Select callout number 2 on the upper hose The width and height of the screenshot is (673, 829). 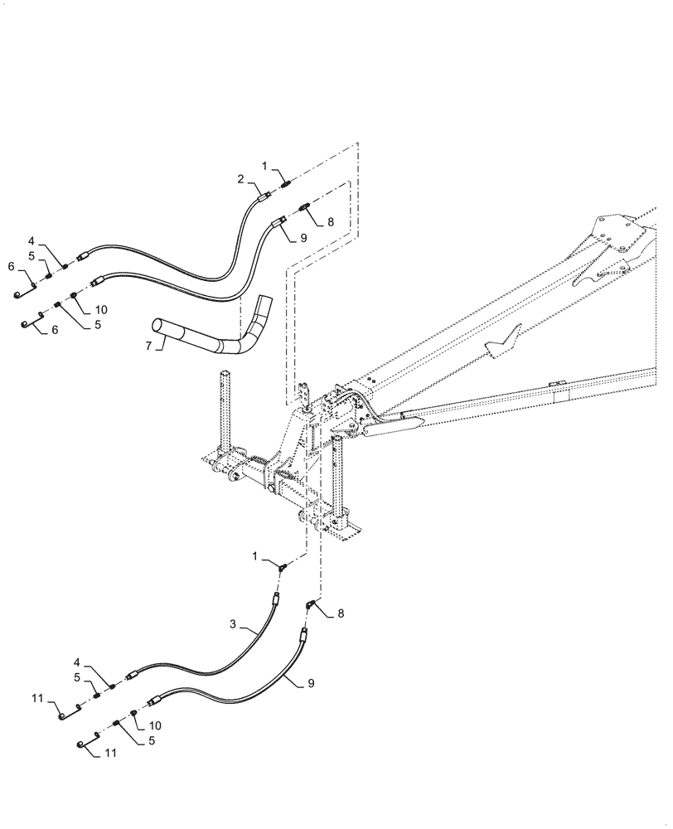pyautogui.click(x=241, y=179)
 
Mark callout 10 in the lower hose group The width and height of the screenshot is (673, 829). pyautogui.click(x=154, y=725)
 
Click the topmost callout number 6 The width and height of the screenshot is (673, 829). pyautogui.click(x=12, y=266)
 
